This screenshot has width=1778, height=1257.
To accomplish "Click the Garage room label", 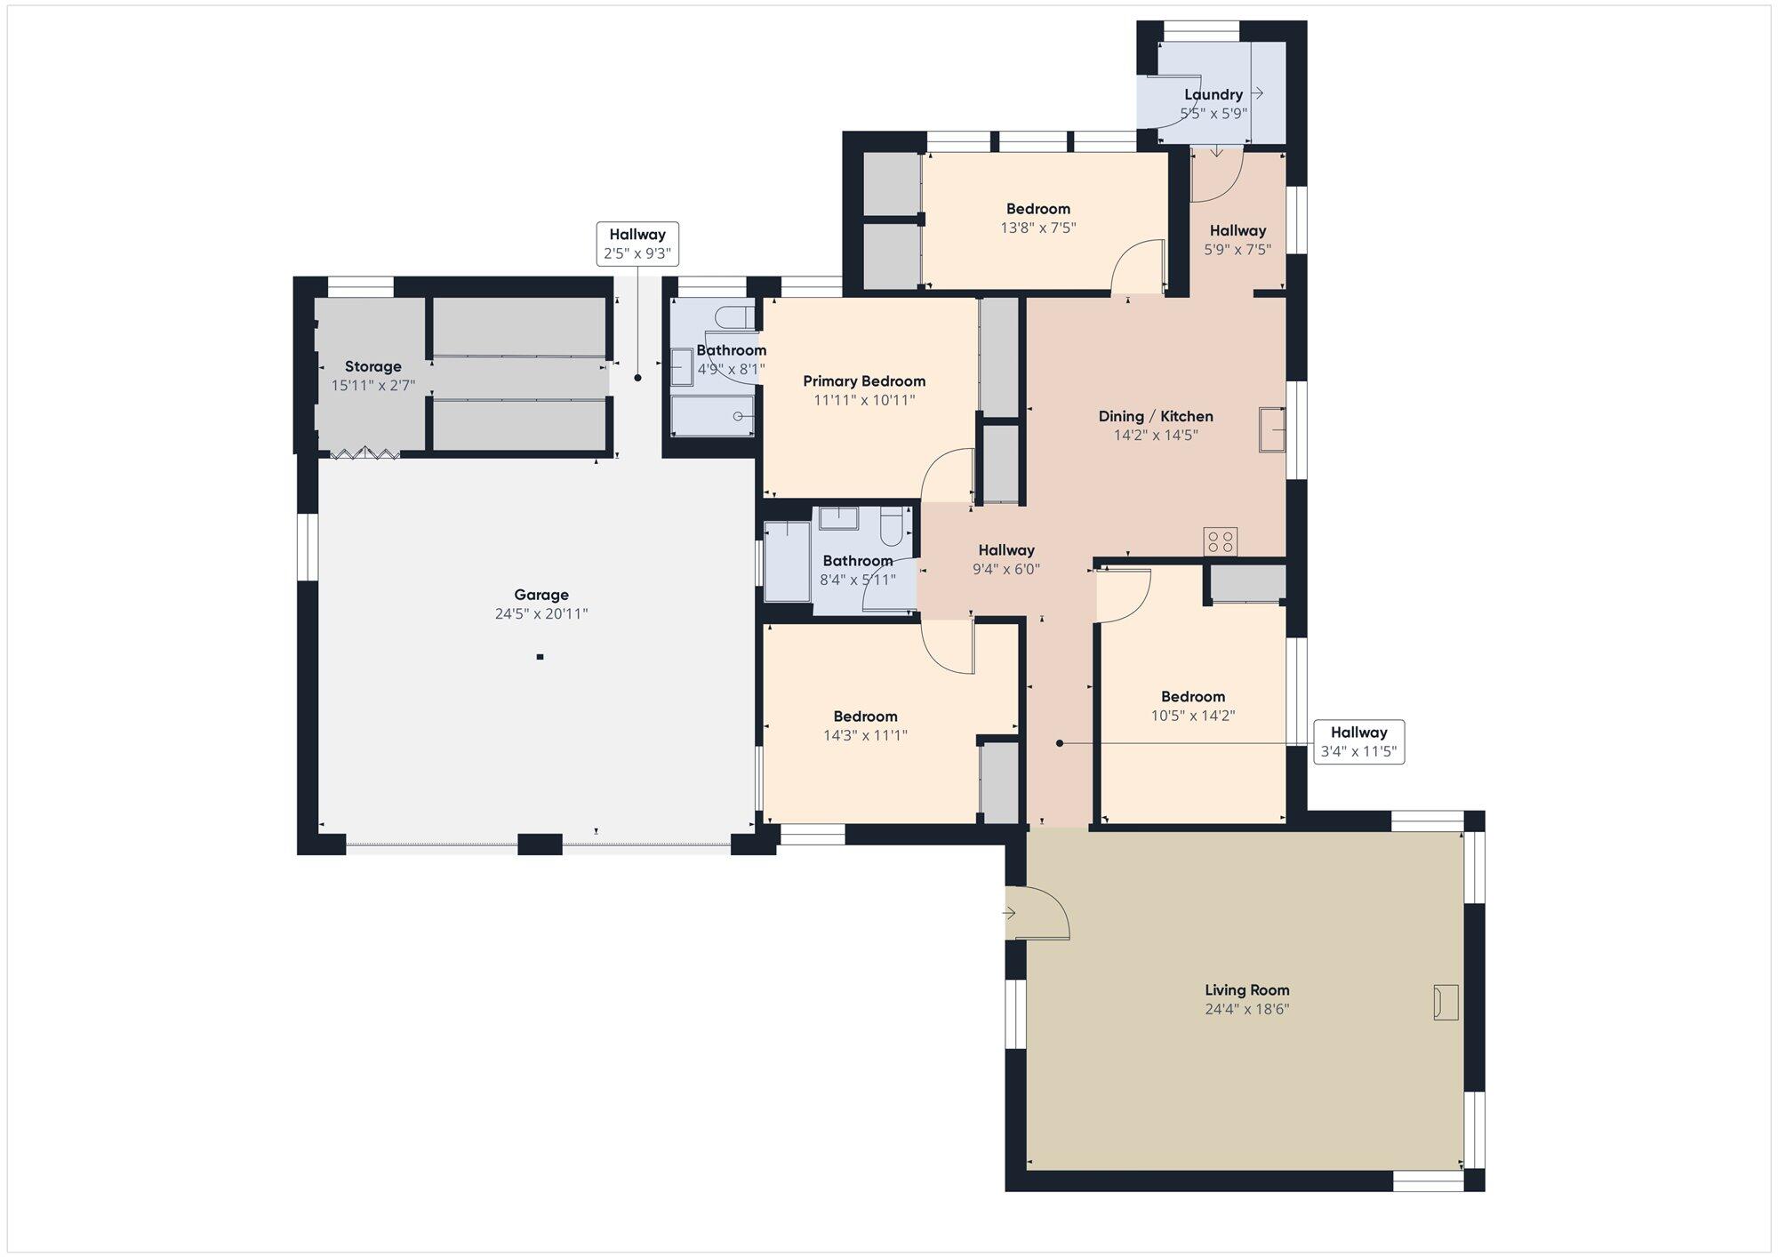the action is pos(541,595).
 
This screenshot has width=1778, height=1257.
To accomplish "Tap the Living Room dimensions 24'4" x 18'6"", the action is pos(1246,1009).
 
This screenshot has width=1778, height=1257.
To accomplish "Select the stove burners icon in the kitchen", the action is pos(1220,541).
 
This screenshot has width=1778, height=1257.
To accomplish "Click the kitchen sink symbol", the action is pos(1272,430).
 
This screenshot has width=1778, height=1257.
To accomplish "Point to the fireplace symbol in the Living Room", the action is pos(1446,1002).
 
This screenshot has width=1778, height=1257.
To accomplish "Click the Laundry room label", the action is pos(1213,94).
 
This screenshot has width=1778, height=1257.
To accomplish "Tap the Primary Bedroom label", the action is pos(864,381).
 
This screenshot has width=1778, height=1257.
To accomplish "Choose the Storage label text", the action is pos(373,366).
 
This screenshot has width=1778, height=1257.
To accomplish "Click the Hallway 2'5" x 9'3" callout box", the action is pos(637,244).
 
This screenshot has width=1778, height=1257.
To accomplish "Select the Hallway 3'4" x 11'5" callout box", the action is pos(1358,741).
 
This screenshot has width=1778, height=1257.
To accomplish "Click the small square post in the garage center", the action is pos(540,657).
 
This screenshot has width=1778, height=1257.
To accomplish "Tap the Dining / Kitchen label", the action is pos(1156,416).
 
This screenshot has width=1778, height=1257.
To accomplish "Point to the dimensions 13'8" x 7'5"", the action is pos(1038,228).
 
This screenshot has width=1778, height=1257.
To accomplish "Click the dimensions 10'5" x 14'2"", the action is pos(1193,716).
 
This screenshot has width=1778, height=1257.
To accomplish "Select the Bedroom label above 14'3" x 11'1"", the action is pos(865,717).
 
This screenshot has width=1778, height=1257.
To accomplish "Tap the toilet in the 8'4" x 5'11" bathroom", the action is pos(891,527).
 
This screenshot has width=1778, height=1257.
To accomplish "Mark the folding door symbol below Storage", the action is pos(364,453).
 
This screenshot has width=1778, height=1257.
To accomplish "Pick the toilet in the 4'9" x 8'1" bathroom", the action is pos(735,317).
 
